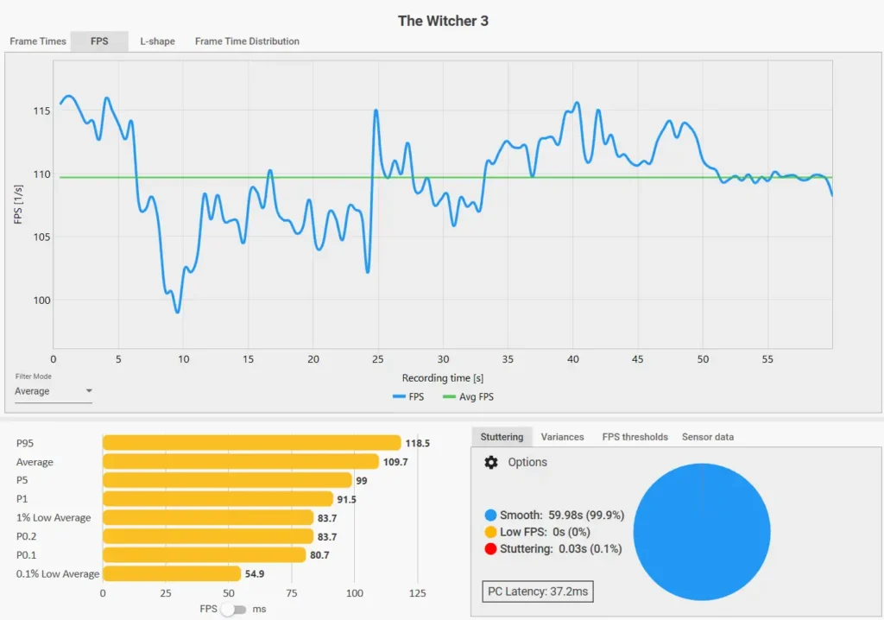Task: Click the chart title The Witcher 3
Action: pos(443,21)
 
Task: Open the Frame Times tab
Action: pos(38,41)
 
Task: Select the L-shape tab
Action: pos(157,41)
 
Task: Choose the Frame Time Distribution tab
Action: pos(247,41)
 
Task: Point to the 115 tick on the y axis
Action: pos(41,111)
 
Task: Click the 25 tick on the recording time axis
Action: pos(378,359)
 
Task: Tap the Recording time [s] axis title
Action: pos(443,378)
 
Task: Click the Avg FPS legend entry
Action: pos(469,396)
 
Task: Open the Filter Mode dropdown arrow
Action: pos(89,390)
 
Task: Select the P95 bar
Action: pos(251,443)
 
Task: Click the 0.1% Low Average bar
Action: pos(172,573)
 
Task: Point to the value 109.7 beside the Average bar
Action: pos(395,462)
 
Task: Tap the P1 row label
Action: pos(22,499)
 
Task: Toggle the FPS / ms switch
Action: pos(233,610)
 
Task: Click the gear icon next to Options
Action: pos(491,462)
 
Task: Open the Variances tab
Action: pos(562,437)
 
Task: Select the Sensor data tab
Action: pos(708,437)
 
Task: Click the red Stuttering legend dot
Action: pos(490,548)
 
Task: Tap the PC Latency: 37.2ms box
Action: pos(538,592)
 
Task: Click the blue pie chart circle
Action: pos(702,532)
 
